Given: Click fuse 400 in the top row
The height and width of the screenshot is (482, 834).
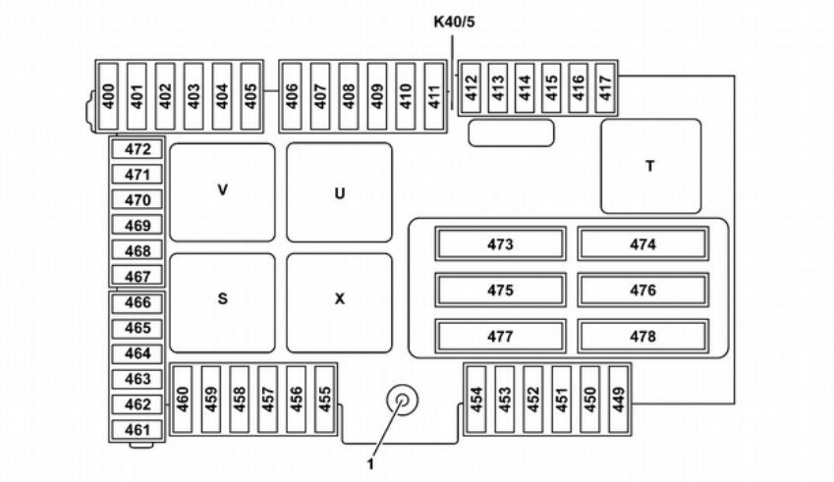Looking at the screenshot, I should [109, 95].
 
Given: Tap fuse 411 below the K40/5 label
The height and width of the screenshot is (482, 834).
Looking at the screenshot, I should [433, 95].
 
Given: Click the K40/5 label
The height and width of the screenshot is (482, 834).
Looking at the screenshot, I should [455, 22].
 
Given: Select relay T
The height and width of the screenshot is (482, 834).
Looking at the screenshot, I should [650, 166].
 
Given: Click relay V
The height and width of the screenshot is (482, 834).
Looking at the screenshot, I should [222, 192].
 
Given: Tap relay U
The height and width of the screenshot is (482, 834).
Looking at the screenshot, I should [339, 192].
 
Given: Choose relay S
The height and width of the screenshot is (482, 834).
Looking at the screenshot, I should [222, 301].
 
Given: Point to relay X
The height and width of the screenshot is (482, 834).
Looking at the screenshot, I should [339, 301].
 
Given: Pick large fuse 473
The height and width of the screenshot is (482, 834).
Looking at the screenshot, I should [500, 244].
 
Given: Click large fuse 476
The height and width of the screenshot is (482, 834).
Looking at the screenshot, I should [642, 291].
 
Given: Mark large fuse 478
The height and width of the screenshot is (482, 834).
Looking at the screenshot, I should [642, 337].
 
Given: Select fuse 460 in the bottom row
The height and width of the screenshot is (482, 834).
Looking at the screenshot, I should [183, 400].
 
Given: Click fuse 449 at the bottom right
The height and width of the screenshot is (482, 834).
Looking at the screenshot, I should [617, 400].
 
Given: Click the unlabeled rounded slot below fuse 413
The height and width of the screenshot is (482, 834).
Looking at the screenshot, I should [510, 133].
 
